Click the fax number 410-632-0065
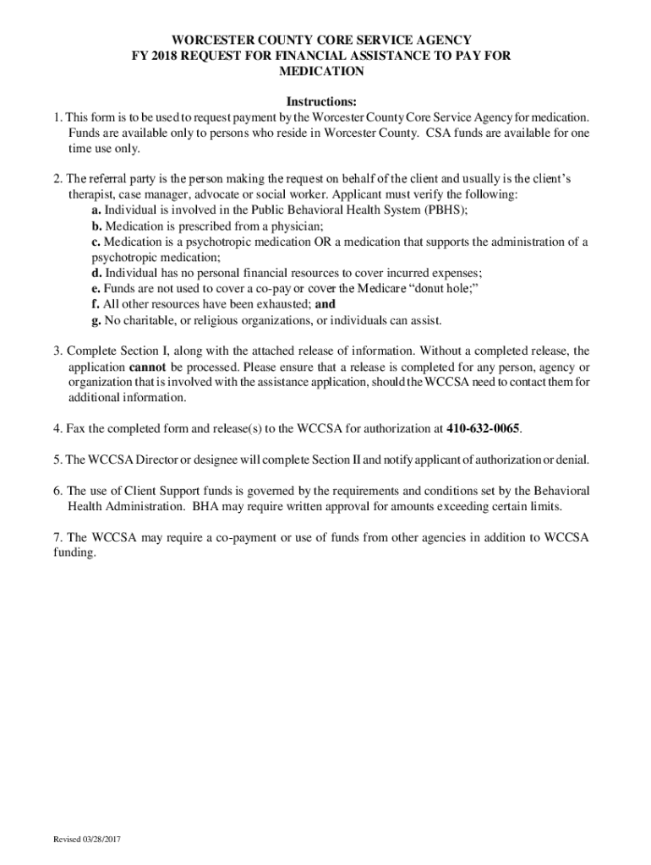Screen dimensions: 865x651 [484, 428]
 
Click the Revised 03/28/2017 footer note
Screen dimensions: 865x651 [88, 840]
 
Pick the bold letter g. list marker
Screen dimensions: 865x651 [97, 320]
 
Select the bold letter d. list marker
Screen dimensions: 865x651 [97, 273]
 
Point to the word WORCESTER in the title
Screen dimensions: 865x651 [216, 40]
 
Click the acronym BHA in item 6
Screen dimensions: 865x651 [208, 506]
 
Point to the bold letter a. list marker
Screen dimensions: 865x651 [97, 210]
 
